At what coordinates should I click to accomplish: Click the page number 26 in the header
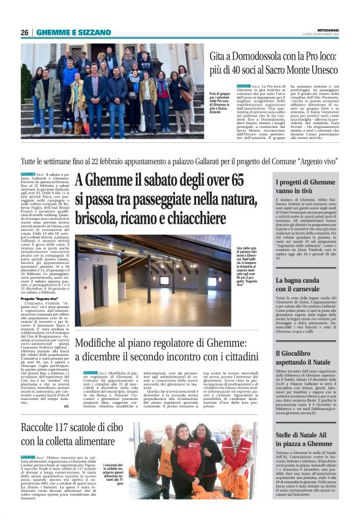pyautogui.click(x=24, y=32)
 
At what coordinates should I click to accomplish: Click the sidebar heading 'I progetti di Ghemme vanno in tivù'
pyautogui.click(x=305, y=187)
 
